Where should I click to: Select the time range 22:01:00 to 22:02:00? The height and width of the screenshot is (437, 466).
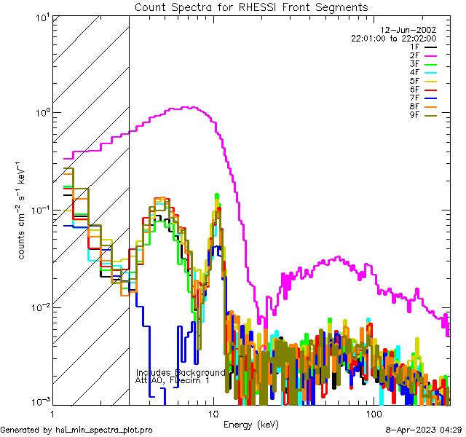393,38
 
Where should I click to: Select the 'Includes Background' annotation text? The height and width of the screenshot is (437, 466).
181,372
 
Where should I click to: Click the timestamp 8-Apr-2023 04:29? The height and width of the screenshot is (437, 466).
424,430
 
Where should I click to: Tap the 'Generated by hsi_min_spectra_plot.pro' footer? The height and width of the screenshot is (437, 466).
77,430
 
